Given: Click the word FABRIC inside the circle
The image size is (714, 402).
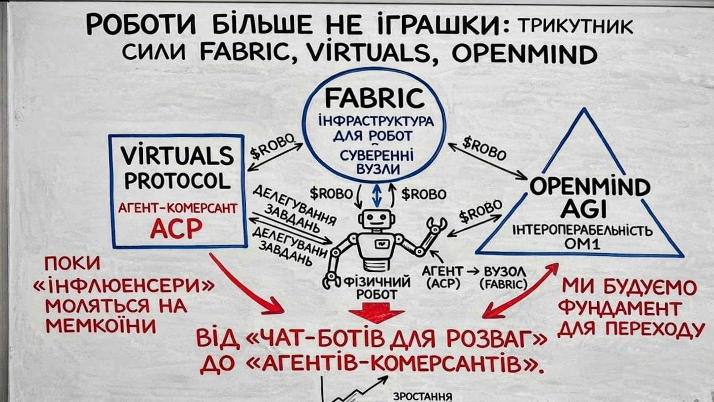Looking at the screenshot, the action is [374, 97].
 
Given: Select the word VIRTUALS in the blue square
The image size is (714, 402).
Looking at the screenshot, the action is [177, 156].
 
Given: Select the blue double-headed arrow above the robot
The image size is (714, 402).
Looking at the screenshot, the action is [377, 195].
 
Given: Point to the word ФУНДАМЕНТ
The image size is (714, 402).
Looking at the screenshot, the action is [622, 309].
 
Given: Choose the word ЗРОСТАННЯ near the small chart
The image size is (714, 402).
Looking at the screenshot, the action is [423, 396].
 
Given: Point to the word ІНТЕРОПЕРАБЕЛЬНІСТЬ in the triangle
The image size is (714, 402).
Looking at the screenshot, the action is [582, 230].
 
